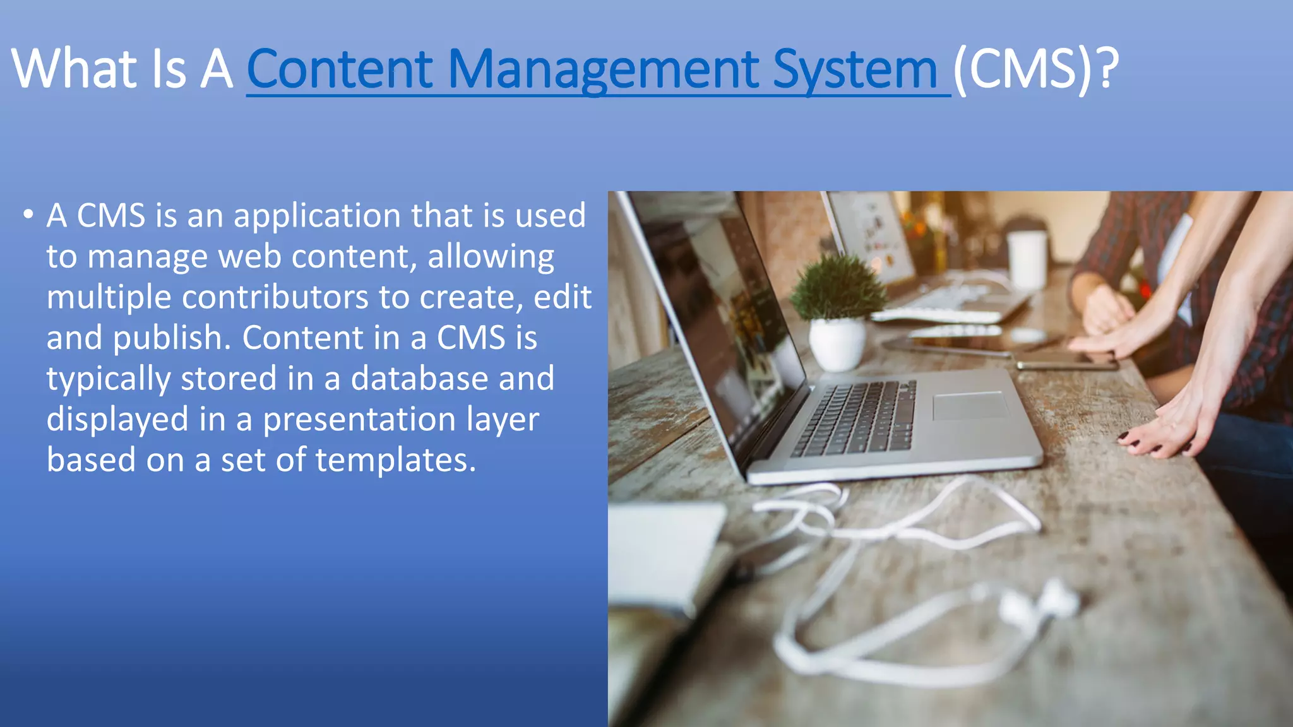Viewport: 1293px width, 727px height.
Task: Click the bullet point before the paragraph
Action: [x=28, y=215]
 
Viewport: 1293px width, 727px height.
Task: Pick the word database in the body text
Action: [x=419, y=378]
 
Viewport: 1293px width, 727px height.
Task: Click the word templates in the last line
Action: [x=395, y=459]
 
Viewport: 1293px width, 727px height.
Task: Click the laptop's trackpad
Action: [x=970, y=405]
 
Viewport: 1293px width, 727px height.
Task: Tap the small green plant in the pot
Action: [x=837, y=288]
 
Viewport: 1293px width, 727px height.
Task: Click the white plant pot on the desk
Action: [x=837, y=343]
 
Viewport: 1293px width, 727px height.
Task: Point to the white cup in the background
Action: [x=1027, y=259]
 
